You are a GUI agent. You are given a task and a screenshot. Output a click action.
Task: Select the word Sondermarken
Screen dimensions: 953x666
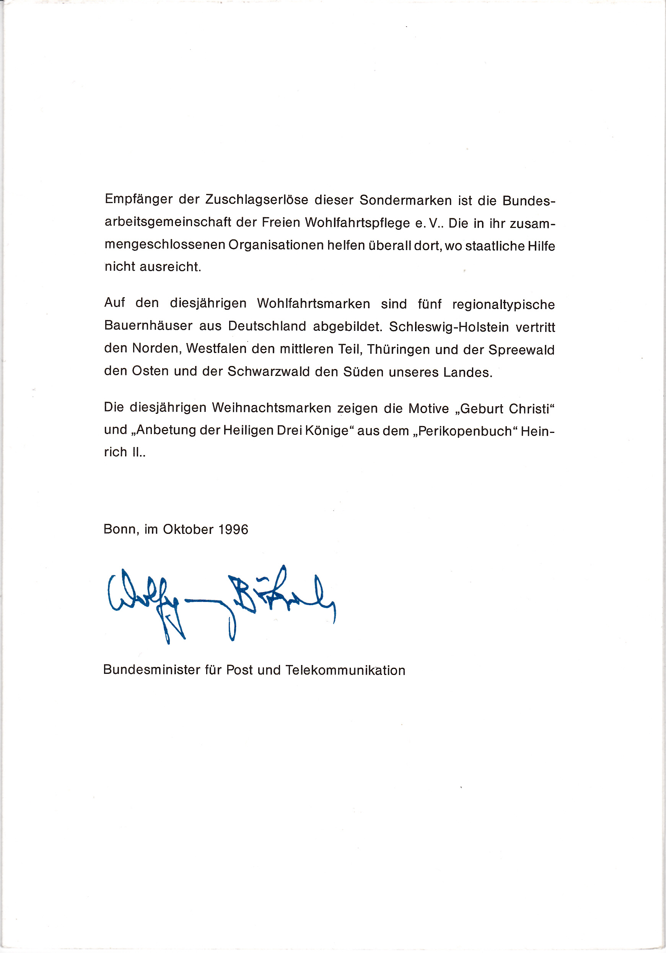point(405,200)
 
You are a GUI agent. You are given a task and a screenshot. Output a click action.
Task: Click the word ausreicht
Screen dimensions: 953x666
point(170,267)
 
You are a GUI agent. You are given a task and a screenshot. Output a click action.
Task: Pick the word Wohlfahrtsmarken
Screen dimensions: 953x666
point(313,304)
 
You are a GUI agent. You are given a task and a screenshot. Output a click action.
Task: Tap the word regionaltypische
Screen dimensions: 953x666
point(503,305)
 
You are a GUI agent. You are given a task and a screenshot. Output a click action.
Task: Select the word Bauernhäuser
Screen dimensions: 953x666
point(148,326)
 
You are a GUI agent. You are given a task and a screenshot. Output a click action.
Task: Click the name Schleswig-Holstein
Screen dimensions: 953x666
point(449,327)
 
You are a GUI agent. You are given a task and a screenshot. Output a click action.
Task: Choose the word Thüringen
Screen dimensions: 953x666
point(398,350)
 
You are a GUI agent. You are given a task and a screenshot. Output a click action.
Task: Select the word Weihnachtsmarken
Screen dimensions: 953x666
point(271,408)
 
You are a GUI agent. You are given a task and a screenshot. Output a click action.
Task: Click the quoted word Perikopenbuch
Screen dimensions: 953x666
point(465,431)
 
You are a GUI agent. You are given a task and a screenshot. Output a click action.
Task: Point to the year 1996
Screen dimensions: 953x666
point(233,530)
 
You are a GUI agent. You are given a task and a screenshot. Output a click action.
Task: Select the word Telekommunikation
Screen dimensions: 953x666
point(345,670)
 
